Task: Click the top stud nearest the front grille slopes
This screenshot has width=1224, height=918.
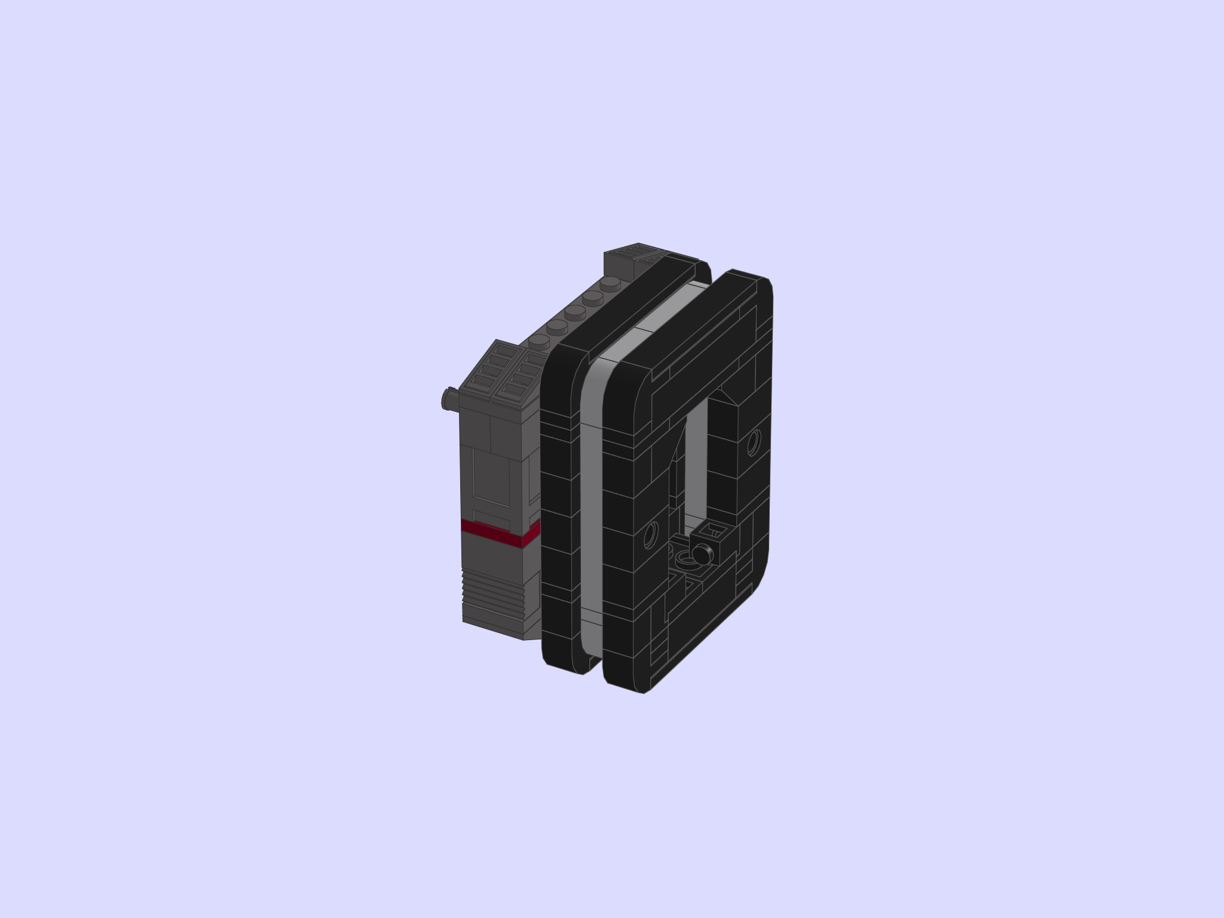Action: tap(538, 341)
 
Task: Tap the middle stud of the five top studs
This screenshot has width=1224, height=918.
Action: tap(574, 311)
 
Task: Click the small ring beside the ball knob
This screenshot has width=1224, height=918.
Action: tap(686, 558)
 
